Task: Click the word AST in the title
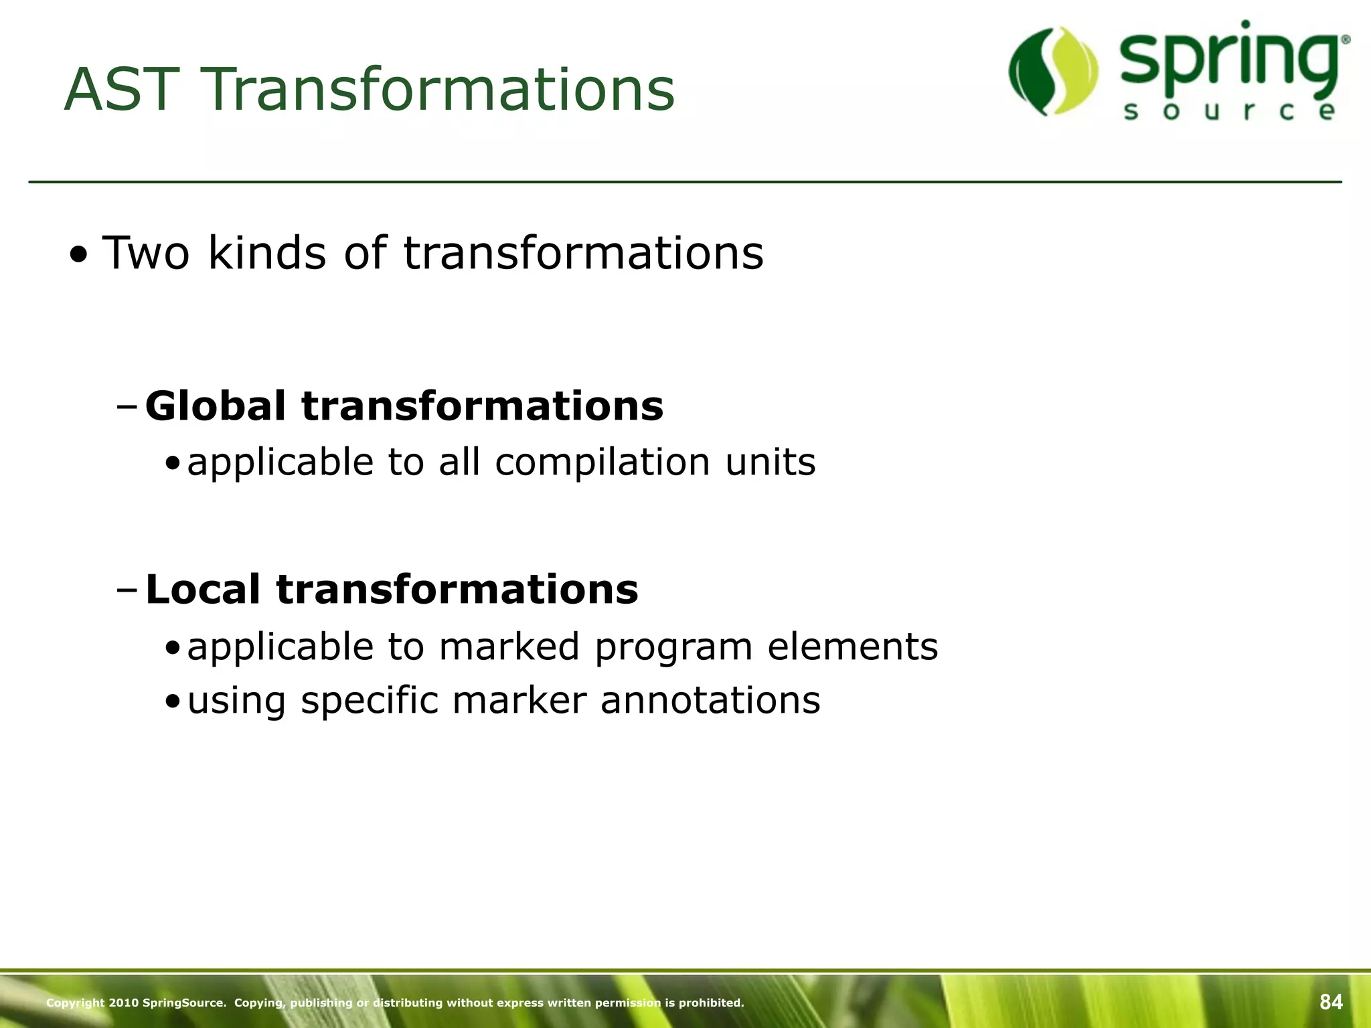click(123, 90)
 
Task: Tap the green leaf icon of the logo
click(1053, 71)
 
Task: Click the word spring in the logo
click(1230, 60)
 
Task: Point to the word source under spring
click(1230, 111)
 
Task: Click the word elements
click(853, 647)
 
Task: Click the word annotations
click(710, 700)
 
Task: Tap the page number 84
click(1331, 1002)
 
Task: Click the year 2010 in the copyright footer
click(123, 1003)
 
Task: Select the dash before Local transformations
click(127, 590)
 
